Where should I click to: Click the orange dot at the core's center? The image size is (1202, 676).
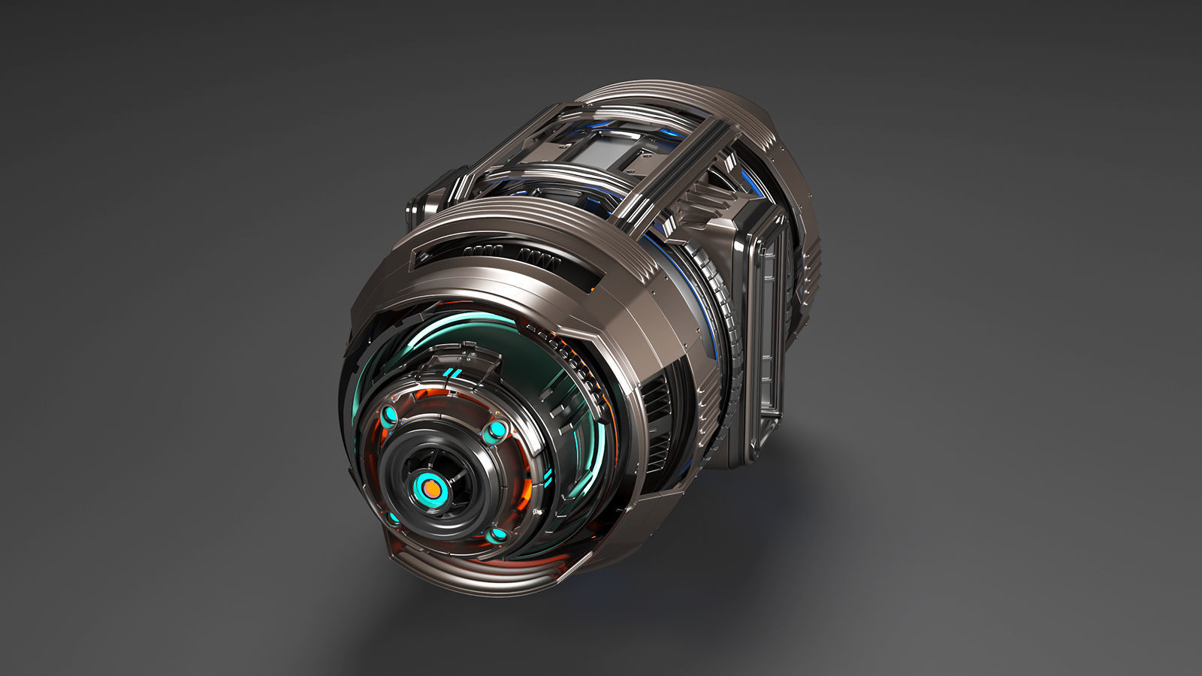tap(432, 489)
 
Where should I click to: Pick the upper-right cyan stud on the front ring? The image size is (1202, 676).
tap(497, 430)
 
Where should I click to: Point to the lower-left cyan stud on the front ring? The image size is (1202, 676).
tap(392, 518)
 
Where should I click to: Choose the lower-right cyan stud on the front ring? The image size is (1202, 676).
tap(497, 535)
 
